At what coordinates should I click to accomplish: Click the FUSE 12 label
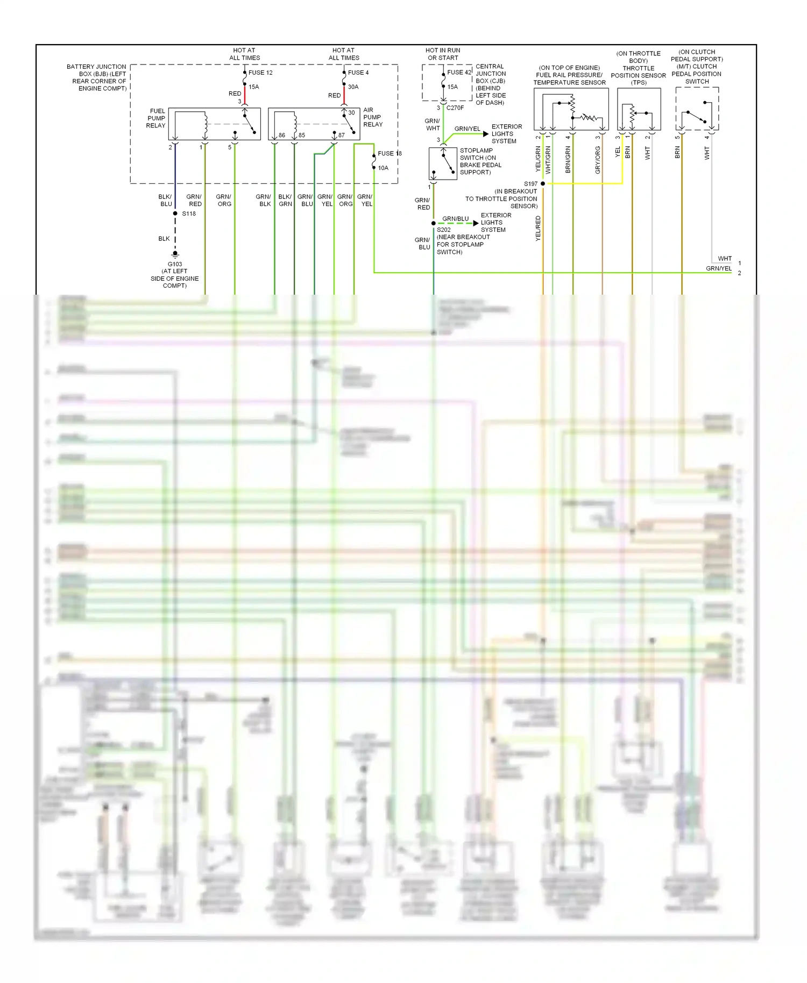pyautogui.click(x=260, y=73)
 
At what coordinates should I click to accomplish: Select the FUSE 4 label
pyautogui.click(x=358, y=73)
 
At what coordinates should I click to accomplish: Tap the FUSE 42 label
pyautogui.click(x=459, y=72)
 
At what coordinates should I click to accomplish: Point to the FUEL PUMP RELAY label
pyautogui.click(x=156, y=118)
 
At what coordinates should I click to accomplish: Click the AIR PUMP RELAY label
pyautogui.click(x=372, y=117)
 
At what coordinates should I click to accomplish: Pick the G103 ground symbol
pyautogui.click(x=175, y=254)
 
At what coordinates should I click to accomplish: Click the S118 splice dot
pyautogui.click(x=175, y=213)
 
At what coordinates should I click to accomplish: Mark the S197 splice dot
pyautogui.click(x=543, y=184)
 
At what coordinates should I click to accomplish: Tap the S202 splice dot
pyautogui.click(x=434, y=223)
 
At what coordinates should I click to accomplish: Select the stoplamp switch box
pyautogui.click(x=443, y=163)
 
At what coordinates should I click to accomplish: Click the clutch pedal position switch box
pyautogui.click(x=697, y=109)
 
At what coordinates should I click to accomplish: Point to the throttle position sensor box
pyautogui.click(x=639, y=109)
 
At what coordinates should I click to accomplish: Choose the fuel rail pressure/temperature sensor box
pyautogui.click(x=571, y=109)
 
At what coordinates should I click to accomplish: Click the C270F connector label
pyautogui.click(x=455, y=108)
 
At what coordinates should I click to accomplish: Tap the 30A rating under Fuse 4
pyautogui.click(x=353, y=87)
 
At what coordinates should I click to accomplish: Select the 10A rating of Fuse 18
pyautogui.click(x=383, y=168)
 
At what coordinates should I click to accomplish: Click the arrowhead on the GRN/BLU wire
pyautogui.click(x=476, y=223)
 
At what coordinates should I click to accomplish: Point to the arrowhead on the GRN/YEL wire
pyautogui.click(x=486, y=134)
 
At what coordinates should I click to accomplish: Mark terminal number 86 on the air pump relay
pyautogui.click(x=282, y=136)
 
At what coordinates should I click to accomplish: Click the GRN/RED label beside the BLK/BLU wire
pyautogui.click(x=194, y=201)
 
